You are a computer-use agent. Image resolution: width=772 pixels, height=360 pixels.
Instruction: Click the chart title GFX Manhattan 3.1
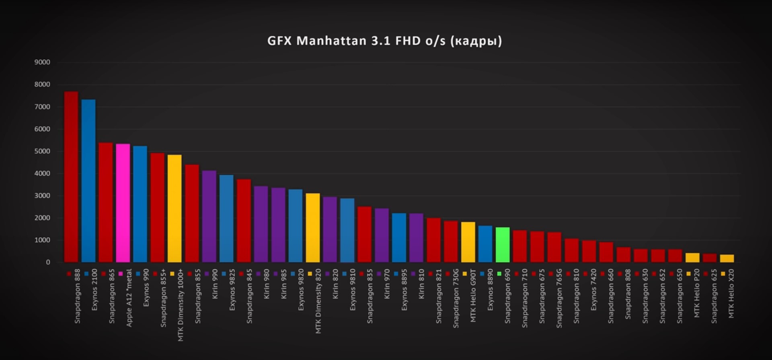click(x=384, y=41)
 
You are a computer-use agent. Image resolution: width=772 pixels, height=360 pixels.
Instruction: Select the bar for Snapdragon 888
click(x=71, y=177)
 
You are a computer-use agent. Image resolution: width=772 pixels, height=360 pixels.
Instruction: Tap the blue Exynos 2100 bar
click(x=88, y=181)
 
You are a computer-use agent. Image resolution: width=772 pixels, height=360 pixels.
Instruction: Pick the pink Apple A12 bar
click(x=123, y=203)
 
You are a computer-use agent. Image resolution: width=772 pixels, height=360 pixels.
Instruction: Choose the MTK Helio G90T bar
click(x=468, y=242)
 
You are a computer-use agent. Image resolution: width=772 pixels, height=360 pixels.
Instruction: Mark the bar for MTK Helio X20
click(x=727, y=258)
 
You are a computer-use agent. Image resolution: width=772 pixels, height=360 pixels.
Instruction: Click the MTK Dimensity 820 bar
click(x=312, y=228)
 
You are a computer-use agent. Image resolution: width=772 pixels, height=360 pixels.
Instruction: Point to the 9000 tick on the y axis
click(x=42, y=62)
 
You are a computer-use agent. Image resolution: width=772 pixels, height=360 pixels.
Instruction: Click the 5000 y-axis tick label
click(x=42, y=151)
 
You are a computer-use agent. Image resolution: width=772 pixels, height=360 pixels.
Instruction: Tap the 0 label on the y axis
click(x=48, y=262)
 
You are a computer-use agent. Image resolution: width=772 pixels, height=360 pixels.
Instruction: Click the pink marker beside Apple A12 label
click(x=121, y=274)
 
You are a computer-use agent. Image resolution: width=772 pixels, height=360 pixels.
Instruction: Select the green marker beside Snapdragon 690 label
click(x=499, y=274)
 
